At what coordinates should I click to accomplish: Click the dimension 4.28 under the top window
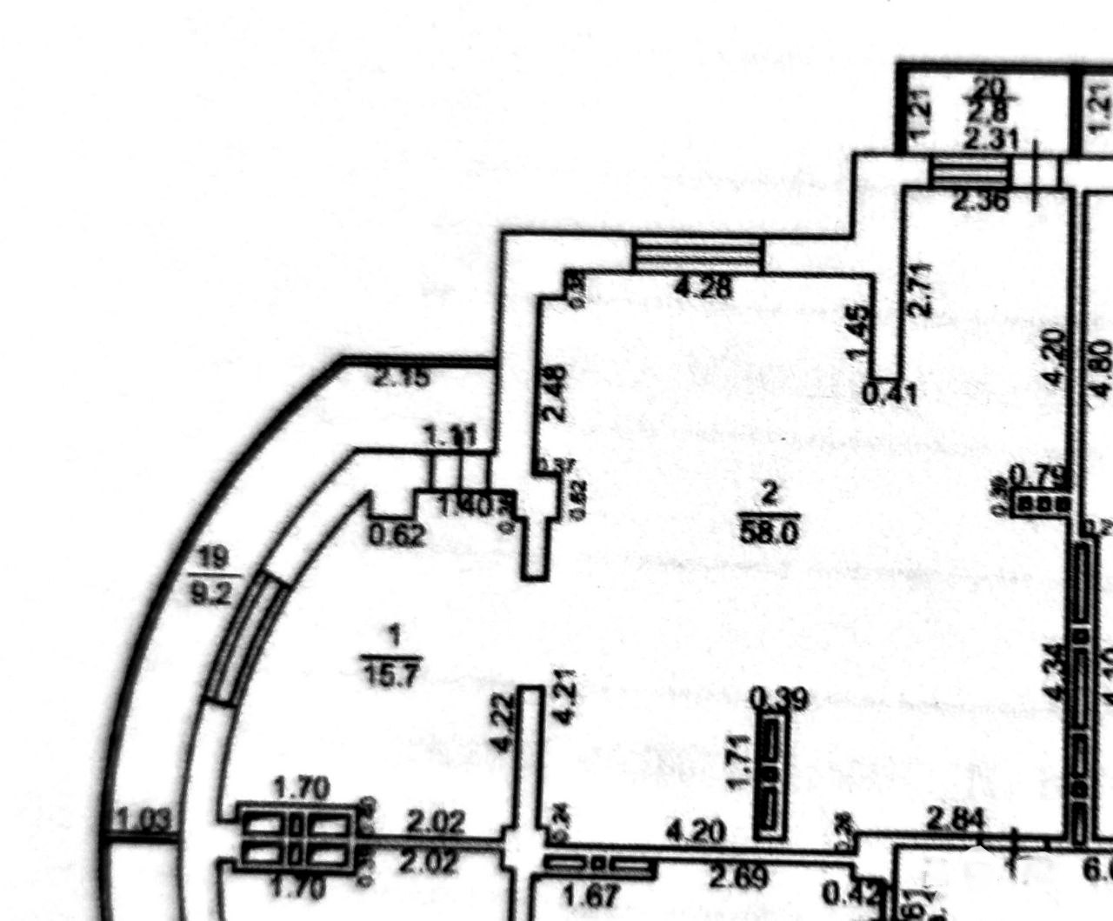point(703,289)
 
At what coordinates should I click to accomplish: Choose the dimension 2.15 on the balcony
point(402,378)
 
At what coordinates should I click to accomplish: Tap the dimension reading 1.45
point(856,332)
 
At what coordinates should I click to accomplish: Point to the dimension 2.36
point(981,202)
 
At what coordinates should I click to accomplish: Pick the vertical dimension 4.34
point(1054,671)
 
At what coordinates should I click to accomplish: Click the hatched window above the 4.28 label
point(697,255)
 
